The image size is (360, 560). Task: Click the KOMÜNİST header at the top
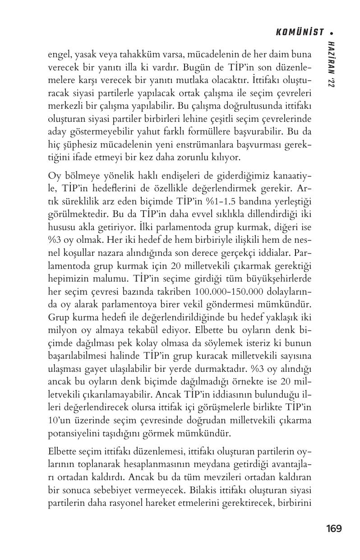[300, 32]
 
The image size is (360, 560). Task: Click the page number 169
[334, 528]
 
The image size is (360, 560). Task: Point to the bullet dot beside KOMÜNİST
[332, 32]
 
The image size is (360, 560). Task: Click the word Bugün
[191, 67]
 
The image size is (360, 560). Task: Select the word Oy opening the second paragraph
[54, 175]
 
